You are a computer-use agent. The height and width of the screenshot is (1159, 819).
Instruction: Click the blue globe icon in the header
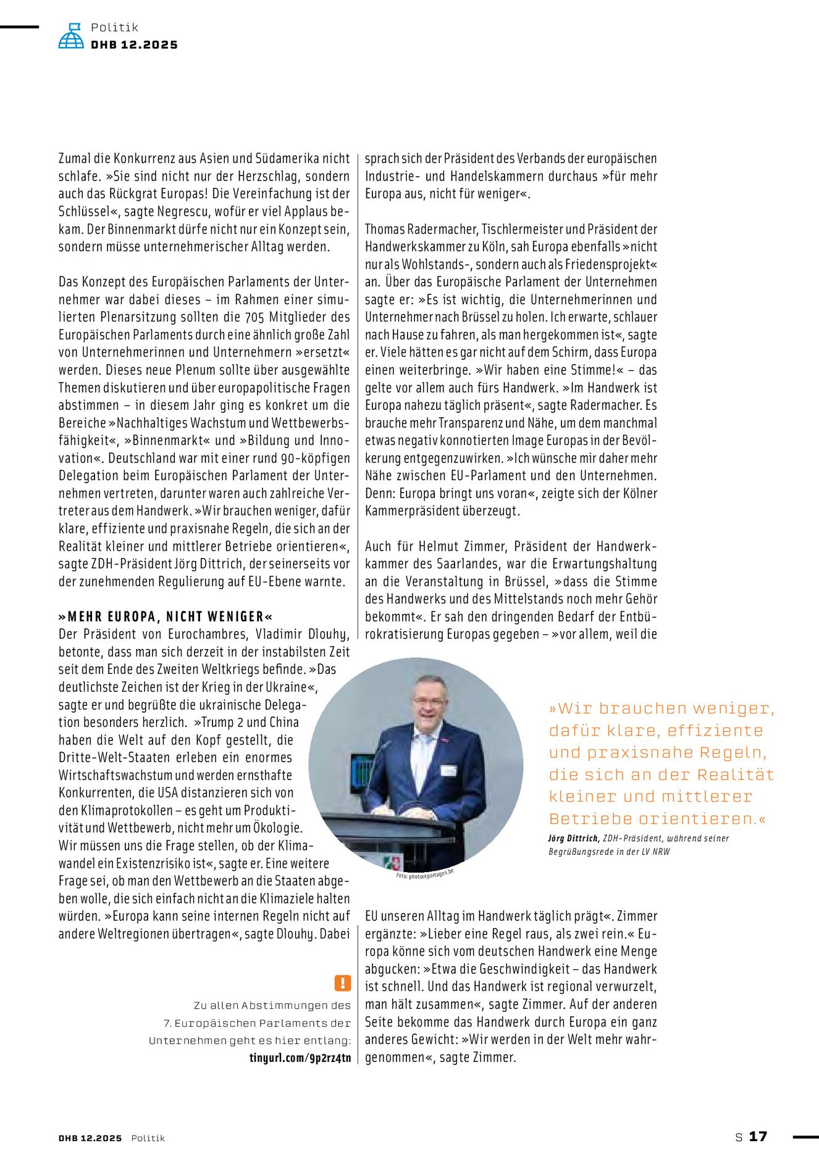(71, 36)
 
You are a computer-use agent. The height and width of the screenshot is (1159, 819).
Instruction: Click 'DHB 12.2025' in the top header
(134, 45)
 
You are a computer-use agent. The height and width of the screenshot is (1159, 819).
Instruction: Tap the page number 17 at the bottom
(758, 1136)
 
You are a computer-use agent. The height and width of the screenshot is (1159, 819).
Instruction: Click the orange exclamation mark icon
(342, 983)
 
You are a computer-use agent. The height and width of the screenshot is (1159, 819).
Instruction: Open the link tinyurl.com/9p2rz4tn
(300, 1058)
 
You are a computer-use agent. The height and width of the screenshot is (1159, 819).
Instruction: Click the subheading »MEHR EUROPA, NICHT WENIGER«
(166, 616)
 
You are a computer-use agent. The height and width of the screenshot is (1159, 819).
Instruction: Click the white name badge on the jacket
(448, 770)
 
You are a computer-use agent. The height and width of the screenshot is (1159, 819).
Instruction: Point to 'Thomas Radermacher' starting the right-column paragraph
(419, 229)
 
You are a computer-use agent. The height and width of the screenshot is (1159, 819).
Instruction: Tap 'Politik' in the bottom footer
(148, 1138)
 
